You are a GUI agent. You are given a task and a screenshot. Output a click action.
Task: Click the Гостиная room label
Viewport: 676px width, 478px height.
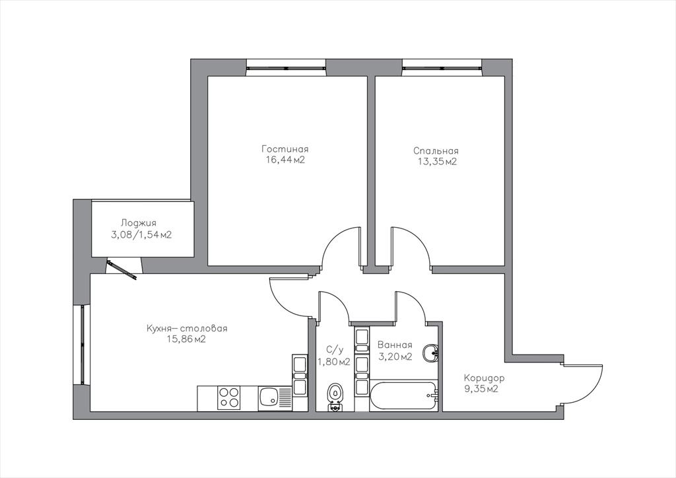tap(285, 149)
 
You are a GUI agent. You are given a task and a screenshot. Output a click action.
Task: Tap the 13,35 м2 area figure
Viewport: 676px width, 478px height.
tap(437, 162)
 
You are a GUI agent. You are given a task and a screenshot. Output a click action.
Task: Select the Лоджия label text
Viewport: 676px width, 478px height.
tap(139, 223)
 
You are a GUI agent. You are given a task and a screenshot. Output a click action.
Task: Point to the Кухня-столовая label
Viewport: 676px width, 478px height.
tap(187, 328)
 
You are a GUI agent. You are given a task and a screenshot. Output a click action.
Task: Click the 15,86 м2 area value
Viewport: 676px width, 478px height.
tap(187, 339)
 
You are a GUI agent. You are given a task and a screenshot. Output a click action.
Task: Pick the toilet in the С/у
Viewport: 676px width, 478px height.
tap(334, 397)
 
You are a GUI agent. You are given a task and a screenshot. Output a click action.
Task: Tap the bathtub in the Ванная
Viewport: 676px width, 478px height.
tap(404, 396)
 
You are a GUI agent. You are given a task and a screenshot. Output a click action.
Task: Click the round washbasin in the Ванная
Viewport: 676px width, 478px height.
tap(430, 353)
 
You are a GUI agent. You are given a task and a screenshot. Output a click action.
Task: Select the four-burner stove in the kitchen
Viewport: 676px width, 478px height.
tap(229, 398)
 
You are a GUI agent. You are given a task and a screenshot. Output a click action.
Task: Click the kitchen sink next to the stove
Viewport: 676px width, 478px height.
tap(269, 399)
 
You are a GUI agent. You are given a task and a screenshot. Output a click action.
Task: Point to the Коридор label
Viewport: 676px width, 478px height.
tap(484, 378)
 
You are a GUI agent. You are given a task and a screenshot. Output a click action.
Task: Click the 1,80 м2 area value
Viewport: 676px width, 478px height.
tap(333, 362)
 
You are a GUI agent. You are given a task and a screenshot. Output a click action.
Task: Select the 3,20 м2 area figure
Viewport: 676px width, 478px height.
tap(395, 357)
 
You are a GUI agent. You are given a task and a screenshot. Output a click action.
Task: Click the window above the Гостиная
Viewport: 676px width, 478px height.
tap(286, 67)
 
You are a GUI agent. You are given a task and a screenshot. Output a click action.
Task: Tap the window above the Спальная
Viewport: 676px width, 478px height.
tap(442, 67)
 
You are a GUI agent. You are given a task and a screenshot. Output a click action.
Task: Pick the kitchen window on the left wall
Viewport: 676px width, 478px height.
tap(82, 344)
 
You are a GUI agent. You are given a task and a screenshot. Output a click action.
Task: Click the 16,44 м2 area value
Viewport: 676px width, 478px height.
tap(285, 160)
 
